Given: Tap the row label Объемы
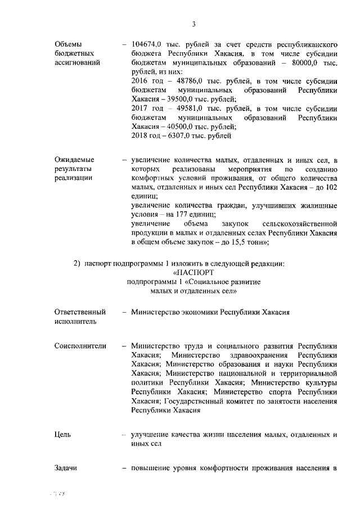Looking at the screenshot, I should (68, 44).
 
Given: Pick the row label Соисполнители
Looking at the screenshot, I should (80, 346).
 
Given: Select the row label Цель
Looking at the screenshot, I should (63, 435).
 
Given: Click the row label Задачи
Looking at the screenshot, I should (65, 469).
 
